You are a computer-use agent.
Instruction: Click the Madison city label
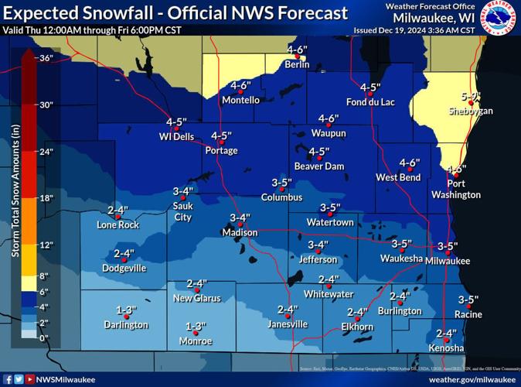tap(239, 232)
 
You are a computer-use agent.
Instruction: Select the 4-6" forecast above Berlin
tap(297, 50)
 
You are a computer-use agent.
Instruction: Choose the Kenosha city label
tap(446, 348)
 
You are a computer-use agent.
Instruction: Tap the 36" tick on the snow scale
tap(46, 57)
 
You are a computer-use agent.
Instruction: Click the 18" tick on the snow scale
tap(46, 198)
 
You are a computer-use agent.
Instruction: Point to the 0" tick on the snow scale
tap(44, 338)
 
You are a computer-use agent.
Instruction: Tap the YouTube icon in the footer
tap(30, 379)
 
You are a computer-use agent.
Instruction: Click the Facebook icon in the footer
tap(7, 379)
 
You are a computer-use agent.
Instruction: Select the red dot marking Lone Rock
tap(117, 217)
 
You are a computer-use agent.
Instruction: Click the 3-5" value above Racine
tap(468, 300)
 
